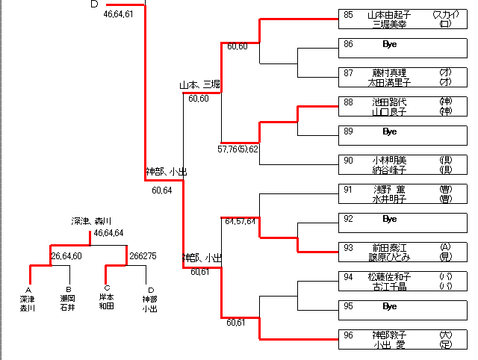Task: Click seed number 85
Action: tap(349, 15)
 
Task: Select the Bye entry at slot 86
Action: tap(389, 45)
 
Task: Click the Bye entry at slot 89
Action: tap(389, 131)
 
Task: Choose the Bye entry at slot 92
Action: tap(389, 219)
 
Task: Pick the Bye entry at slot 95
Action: tap(389, 306)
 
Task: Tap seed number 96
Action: tap(349, 335)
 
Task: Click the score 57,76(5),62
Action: tap(238, 149)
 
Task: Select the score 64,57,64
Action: tap(240, 221)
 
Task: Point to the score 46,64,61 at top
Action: tap(119, 14)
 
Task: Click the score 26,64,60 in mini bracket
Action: tap(66, 256)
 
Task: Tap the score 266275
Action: tap(143, 256)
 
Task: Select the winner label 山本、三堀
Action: tap(199, 86)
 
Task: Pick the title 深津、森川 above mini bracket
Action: tap(91, 221)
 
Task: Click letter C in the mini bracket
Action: tap(107, 289)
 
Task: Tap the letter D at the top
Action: tap(94, 4)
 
